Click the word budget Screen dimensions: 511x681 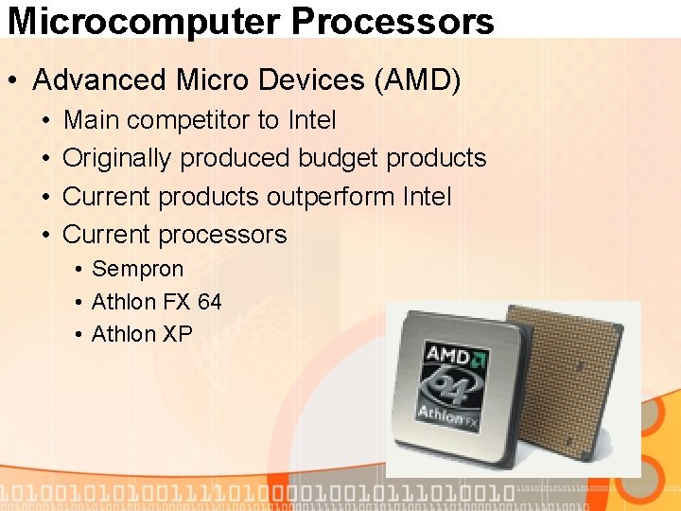pyautogui.click(x=338, y=158)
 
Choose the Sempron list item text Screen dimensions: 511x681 pyautogui.click(x=137, y=270)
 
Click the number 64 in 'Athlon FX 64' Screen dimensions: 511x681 pyautogui.click(x=209, y=302)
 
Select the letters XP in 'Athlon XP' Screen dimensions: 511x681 pyautogui.click(x=177, y=334)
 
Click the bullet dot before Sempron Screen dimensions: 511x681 pyautogui.click(x=78, y=270)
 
